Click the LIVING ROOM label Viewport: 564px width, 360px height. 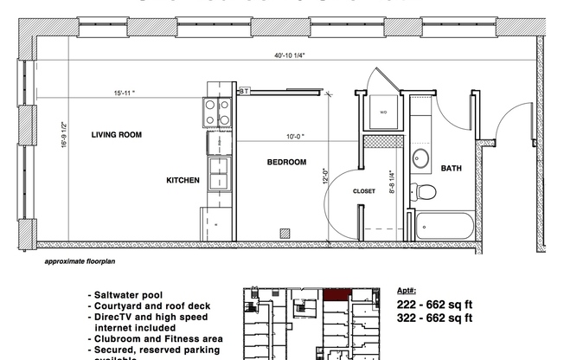[116, 135]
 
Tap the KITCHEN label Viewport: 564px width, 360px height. [183, 180]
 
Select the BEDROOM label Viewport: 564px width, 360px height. [285, 162]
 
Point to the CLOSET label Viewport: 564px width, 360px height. [363, 191]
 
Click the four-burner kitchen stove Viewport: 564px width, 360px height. [217, 112]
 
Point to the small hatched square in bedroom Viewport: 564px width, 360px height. [284, 232]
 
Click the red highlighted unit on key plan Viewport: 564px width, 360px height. [335, 294]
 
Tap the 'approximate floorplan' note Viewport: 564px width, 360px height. [76, 259]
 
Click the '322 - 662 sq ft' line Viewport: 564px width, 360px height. [434, 318]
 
